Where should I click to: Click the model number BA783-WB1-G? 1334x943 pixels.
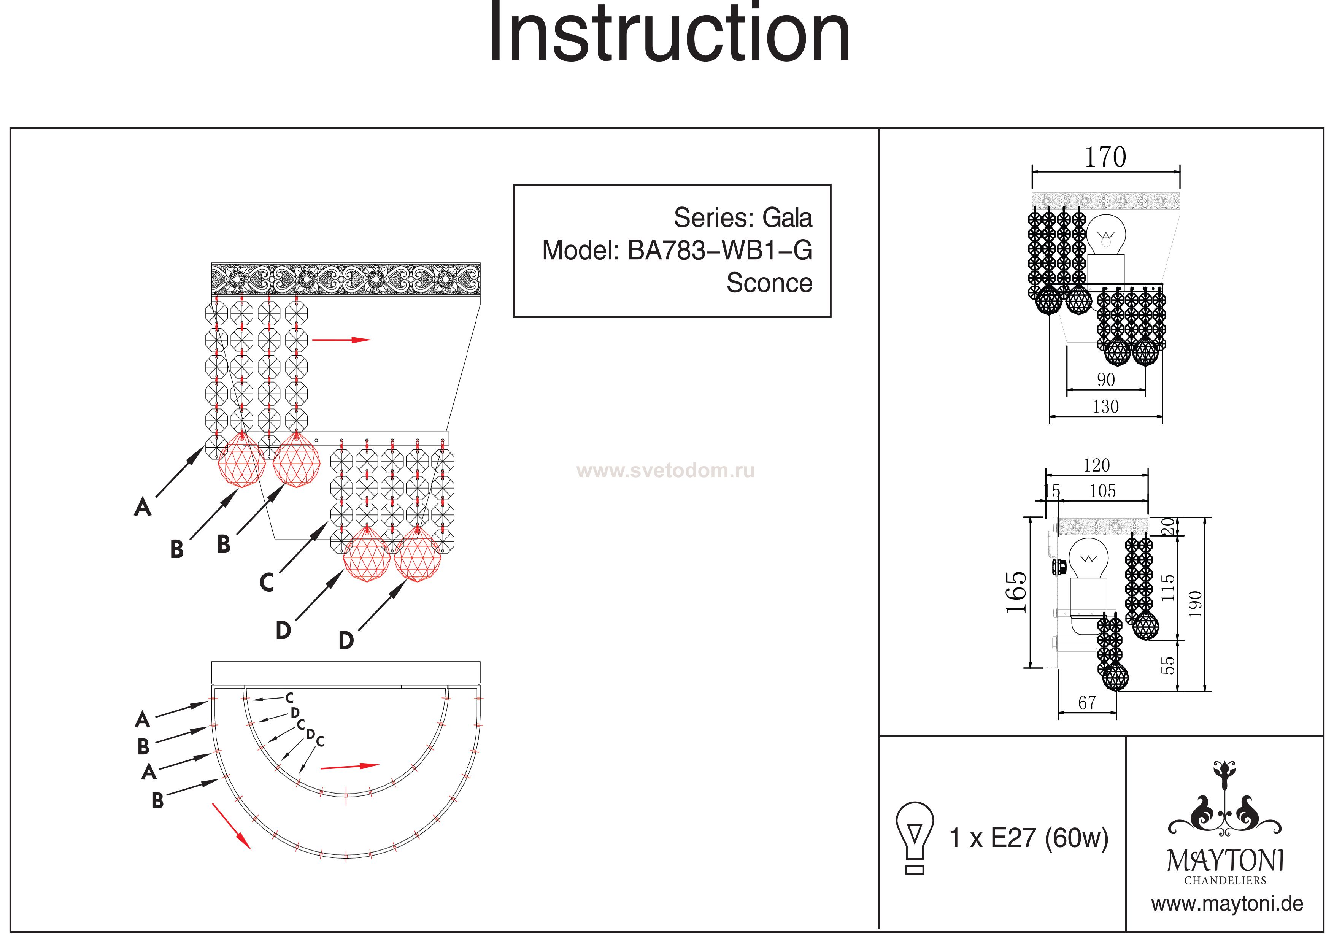click(720, 251)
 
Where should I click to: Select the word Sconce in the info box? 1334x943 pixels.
click(769, 283)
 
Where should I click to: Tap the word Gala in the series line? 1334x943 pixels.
click(787, 218)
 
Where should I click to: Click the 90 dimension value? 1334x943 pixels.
click(1106, 380)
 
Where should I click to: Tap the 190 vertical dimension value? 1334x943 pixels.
click(1194, 604)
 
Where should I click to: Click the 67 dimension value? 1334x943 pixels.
click(1086, 703)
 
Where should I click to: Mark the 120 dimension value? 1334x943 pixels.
click(1096, 465)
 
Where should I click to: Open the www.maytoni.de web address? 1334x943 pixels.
click(1227, 904)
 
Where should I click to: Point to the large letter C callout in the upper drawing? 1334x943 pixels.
click(267, 582)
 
